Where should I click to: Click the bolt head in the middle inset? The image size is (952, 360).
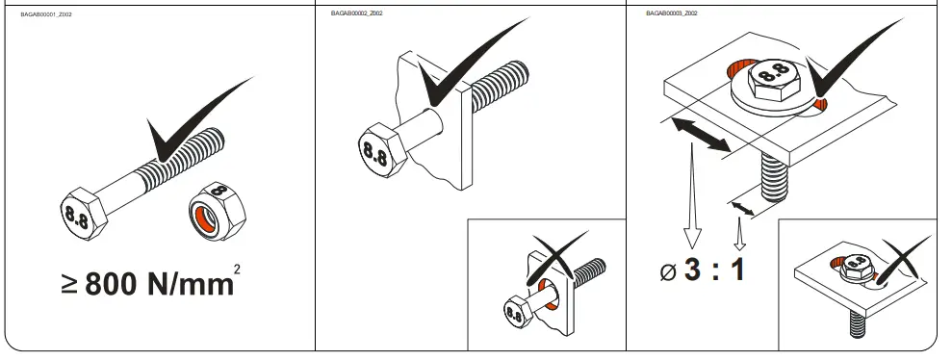click(521, 312)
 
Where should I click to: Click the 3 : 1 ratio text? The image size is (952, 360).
click(713, 269)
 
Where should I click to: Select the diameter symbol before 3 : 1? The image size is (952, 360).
click(668, 272)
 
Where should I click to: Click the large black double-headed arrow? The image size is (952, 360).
click(699, 133)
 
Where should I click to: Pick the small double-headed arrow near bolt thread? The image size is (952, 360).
click(741, 206)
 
